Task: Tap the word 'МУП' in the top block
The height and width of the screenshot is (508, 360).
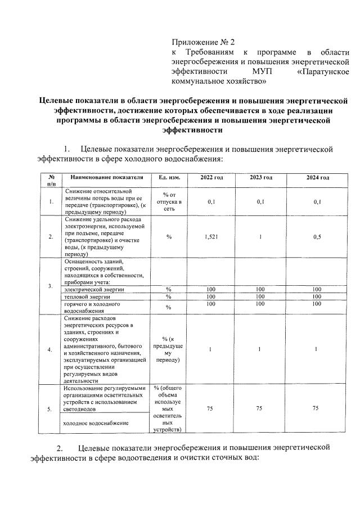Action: (x=262, y=71)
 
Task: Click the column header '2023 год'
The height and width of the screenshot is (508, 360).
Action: (x=260, y=178)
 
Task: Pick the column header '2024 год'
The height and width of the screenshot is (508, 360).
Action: (x=318, y=178)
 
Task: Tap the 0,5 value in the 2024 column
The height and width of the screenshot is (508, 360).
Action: (x=318, y=237)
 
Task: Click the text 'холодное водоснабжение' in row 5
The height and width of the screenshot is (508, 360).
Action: (x=96, y=422)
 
